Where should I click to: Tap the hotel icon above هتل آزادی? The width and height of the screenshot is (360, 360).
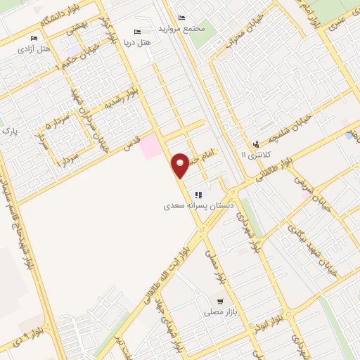34,39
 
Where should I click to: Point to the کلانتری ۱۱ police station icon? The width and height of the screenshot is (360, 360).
255,145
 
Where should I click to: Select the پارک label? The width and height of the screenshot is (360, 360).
8,131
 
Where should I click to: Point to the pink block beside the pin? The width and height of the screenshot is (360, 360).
150,147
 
